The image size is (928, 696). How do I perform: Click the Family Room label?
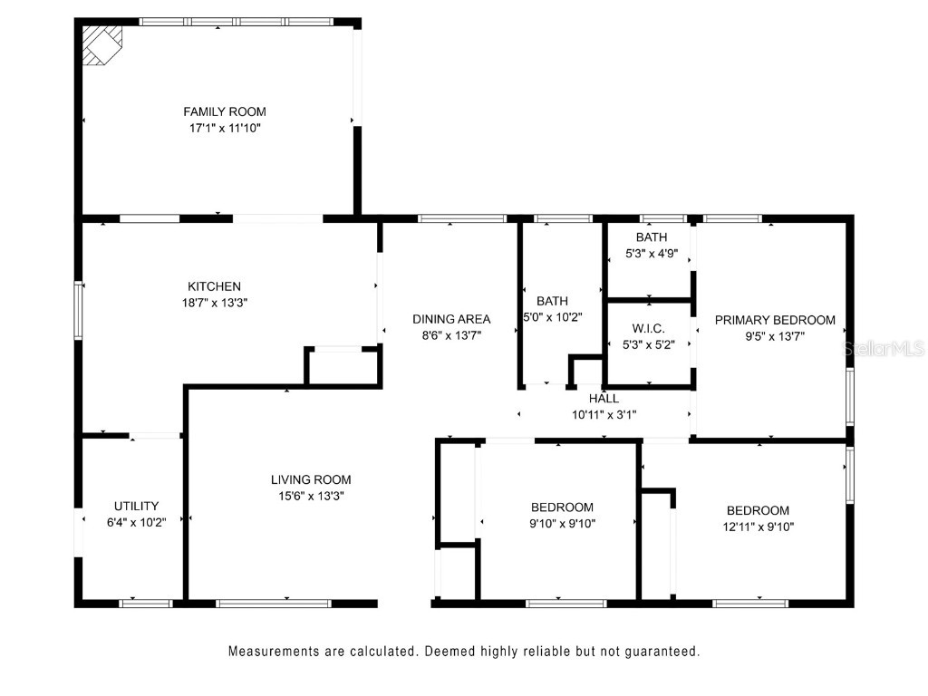pos(225,111)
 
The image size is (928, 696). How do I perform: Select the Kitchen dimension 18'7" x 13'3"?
pos(214,303)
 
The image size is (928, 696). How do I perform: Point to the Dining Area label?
pos(451,319)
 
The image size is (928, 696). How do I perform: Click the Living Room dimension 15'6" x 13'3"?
pos(311,496)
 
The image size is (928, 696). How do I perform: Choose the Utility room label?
pos(137,506)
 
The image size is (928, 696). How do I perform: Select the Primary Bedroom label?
pos(775,320)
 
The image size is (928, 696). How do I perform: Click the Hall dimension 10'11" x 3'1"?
pos(604,414)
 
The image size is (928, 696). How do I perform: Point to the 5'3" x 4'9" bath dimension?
pos(651,254)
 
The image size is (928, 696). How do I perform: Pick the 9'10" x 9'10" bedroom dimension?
pos(562,523)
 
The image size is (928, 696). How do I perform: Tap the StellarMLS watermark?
pos(884,348)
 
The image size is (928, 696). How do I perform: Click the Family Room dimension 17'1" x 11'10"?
pos(225,128)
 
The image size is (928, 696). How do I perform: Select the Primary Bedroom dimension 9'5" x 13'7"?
pos(775,335)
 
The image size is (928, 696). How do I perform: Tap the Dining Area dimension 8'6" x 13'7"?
pos(451,334)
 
